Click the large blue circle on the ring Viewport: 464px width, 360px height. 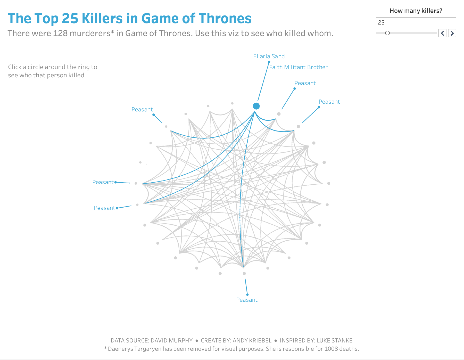[x=256, y=106]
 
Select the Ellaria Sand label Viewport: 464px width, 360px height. [x=269, y=56]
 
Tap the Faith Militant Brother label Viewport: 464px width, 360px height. [x=298, y=67]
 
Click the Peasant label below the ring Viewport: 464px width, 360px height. [x=247, y=300]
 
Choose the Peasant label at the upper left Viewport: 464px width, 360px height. [x=142, y=110]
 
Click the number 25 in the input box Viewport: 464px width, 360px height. [x=381, y=23]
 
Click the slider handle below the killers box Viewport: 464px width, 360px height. [x=387, y=33]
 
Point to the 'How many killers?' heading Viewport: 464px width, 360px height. [x=416, y=11]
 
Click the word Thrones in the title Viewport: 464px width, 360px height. [x=225, y=19]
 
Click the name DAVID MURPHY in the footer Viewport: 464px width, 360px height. [x=171, y=340]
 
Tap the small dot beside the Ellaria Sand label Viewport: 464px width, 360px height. [x=269, y=62]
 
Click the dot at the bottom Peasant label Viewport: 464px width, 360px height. [x=247, y=294]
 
